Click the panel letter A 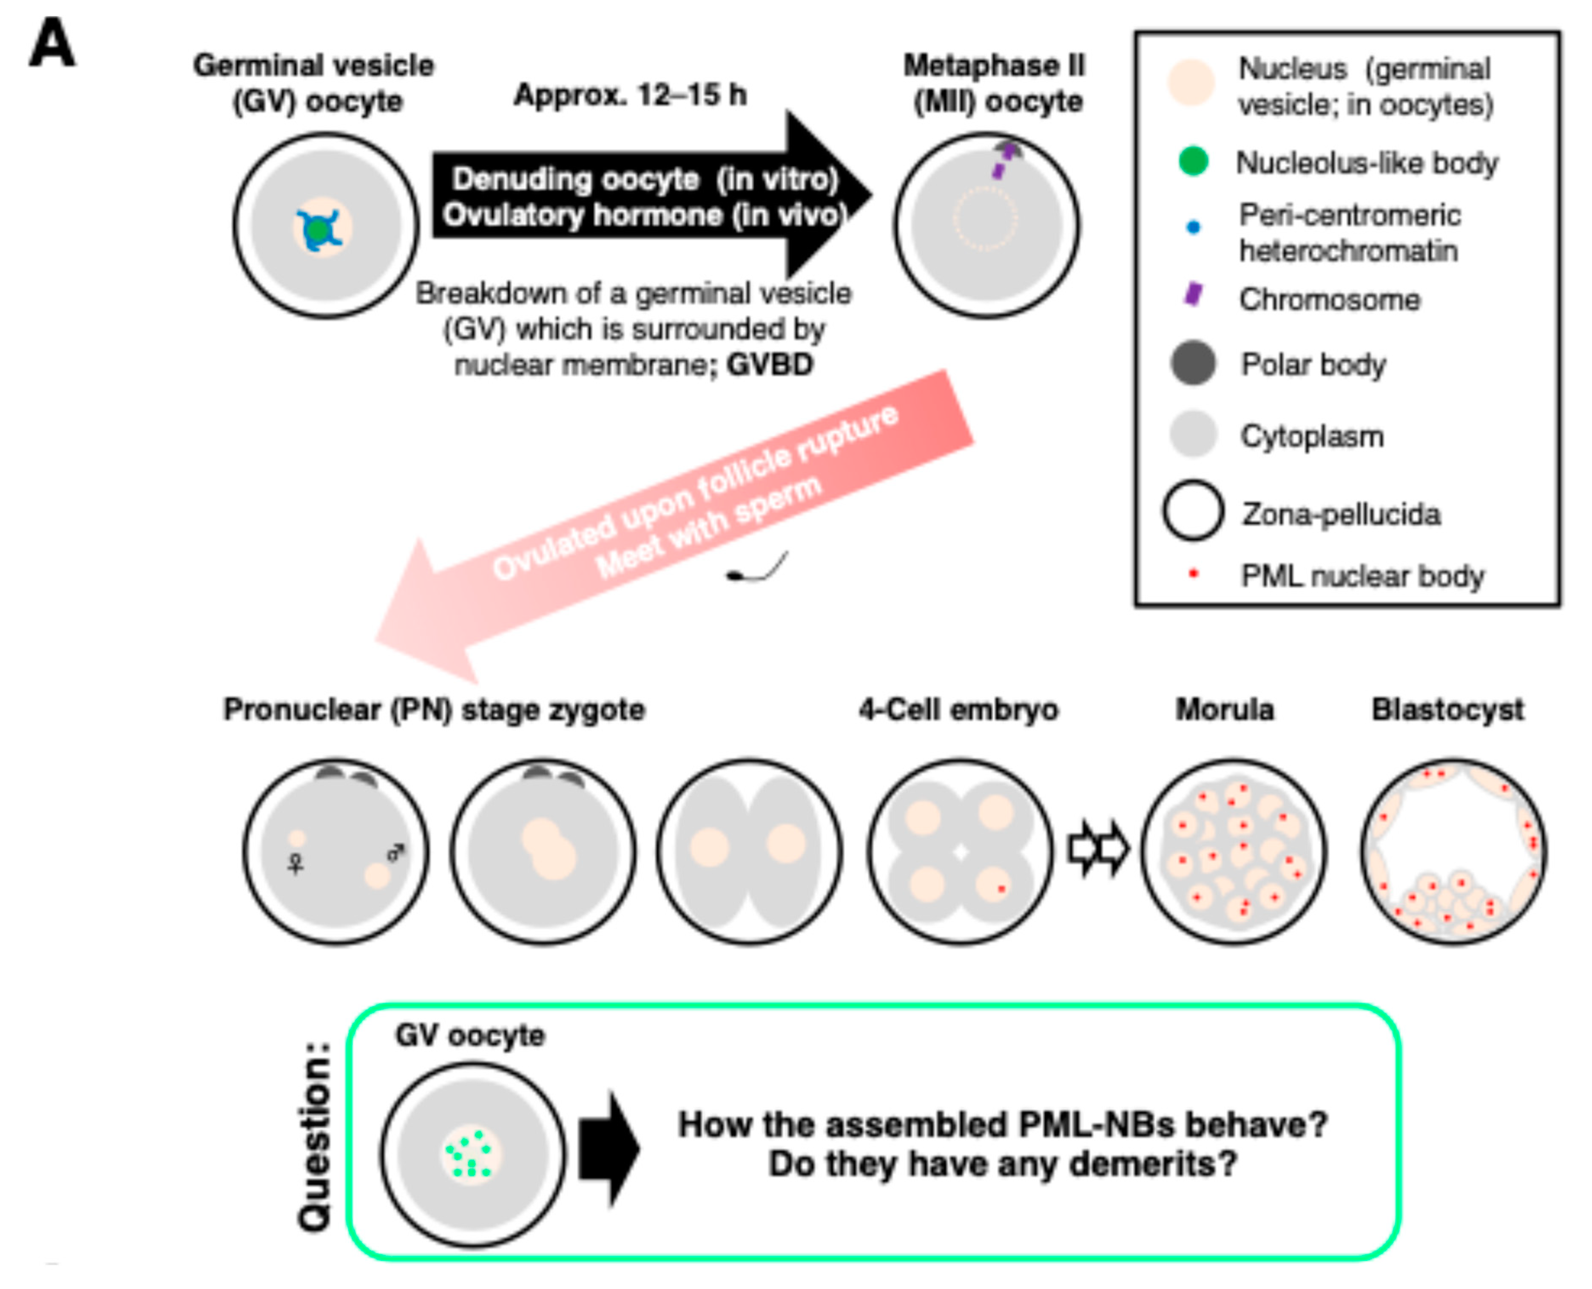(52, 43)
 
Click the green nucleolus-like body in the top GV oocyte (318, 230)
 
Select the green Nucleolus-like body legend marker (1193, 161)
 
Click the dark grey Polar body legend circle (1193, 363)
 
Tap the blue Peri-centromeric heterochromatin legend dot (1193, 227)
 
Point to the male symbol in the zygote (397, 853)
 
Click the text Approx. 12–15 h (631, 95)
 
